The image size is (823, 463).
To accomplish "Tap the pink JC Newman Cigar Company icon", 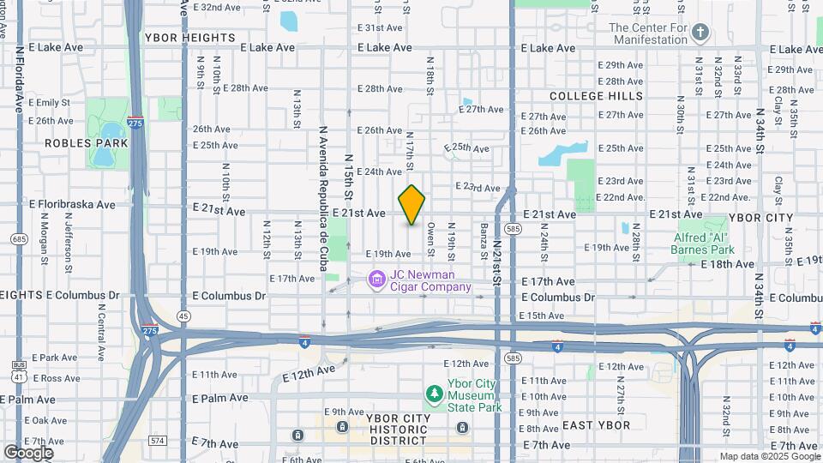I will [375, 280].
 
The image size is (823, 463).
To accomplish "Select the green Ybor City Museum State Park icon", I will [436, 394].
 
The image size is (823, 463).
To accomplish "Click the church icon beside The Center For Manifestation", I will [700, 33].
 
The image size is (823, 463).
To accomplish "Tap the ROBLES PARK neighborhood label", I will [86, 143].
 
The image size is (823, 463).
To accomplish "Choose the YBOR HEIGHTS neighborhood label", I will [189, 38].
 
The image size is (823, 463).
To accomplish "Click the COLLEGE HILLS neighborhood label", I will [596, 95].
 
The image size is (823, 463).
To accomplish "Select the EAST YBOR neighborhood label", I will [596, 425].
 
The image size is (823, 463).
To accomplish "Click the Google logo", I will [28, 453].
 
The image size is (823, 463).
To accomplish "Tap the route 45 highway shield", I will [183, 316].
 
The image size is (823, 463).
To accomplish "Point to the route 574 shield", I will [157, 441].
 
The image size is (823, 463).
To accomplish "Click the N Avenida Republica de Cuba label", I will [323, 199].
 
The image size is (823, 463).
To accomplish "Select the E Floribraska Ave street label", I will [72, 205].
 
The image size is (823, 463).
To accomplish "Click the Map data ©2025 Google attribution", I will [769, 456].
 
